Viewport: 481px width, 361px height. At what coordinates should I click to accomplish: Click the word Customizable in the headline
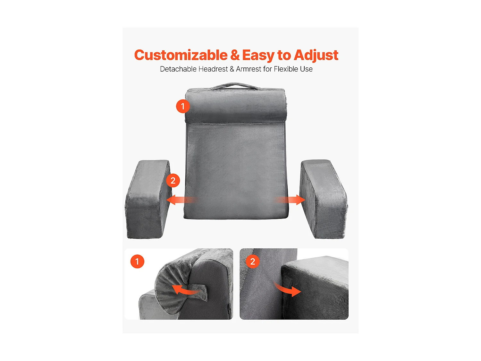181,55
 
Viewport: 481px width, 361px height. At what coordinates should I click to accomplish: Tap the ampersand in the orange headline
235,55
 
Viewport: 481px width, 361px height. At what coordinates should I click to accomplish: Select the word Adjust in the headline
316,55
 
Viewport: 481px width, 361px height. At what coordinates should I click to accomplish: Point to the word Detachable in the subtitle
178,69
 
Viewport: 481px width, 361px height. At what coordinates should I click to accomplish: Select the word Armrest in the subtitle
249,69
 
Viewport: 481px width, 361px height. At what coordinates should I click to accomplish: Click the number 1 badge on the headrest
183,106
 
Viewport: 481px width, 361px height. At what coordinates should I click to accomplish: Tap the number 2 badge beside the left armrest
173,181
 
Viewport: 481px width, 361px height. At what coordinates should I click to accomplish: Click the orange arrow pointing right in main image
290,200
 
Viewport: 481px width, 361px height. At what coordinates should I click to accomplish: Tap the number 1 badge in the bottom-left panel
137,262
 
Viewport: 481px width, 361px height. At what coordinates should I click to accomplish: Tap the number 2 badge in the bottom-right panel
253,262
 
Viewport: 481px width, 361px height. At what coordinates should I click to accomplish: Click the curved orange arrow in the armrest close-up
288,289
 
